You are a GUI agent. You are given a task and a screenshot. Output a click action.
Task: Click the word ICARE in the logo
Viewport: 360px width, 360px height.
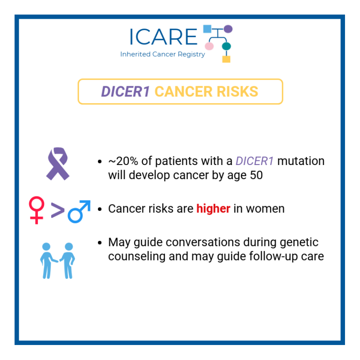point(163,37)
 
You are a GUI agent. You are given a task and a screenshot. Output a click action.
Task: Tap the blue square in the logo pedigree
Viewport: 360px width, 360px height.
point(207,29)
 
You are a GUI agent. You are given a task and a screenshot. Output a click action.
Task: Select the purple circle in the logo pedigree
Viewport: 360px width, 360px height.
point(228,29)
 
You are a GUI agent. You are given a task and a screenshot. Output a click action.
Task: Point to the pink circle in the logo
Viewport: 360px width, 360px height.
point(209,46)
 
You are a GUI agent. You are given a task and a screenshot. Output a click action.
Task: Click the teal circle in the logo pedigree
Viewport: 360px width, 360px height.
point(226,46)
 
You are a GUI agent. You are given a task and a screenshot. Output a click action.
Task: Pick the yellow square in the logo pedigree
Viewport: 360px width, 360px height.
point(226,59)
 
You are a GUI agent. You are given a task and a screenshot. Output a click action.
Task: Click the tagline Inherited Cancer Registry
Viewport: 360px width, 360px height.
point(162,54)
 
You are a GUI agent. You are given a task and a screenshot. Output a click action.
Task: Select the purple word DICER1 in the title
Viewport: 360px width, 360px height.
point(125,91)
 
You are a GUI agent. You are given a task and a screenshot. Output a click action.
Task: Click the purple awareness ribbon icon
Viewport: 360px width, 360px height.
point(58,164)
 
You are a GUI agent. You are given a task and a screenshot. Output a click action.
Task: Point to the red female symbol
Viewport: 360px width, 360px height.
point(37,210)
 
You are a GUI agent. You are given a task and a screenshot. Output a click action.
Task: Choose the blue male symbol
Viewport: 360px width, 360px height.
point(79,211)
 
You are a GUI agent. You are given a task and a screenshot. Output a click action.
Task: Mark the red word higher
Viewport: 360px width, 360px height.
point(213,209)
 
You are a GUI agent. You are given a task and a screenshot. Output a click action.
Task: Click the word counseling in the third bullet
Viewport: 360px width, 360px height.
point(135,257)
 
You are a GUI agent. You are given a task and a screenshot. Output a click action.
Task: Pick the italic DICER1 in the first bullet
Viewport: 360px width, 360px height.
point(255,161)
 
